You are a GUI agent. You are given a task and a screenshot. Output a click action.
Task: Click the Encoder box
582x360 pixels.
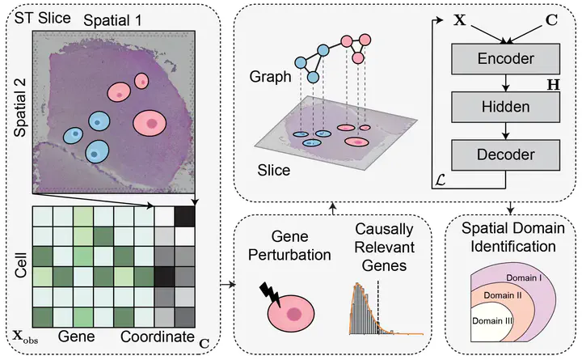click(x=506, y=58)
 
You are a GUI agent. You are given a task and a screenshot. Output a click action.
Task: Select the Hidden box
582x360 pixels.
click(x=506, y=105)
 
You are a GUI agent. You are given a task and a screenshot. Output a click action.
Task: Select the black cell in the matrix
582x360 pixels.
click(x=186, y=216)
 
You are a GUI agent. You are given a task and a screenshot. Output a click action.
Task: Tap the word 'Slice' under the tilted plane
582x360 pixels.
click(x=273, y=172)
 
